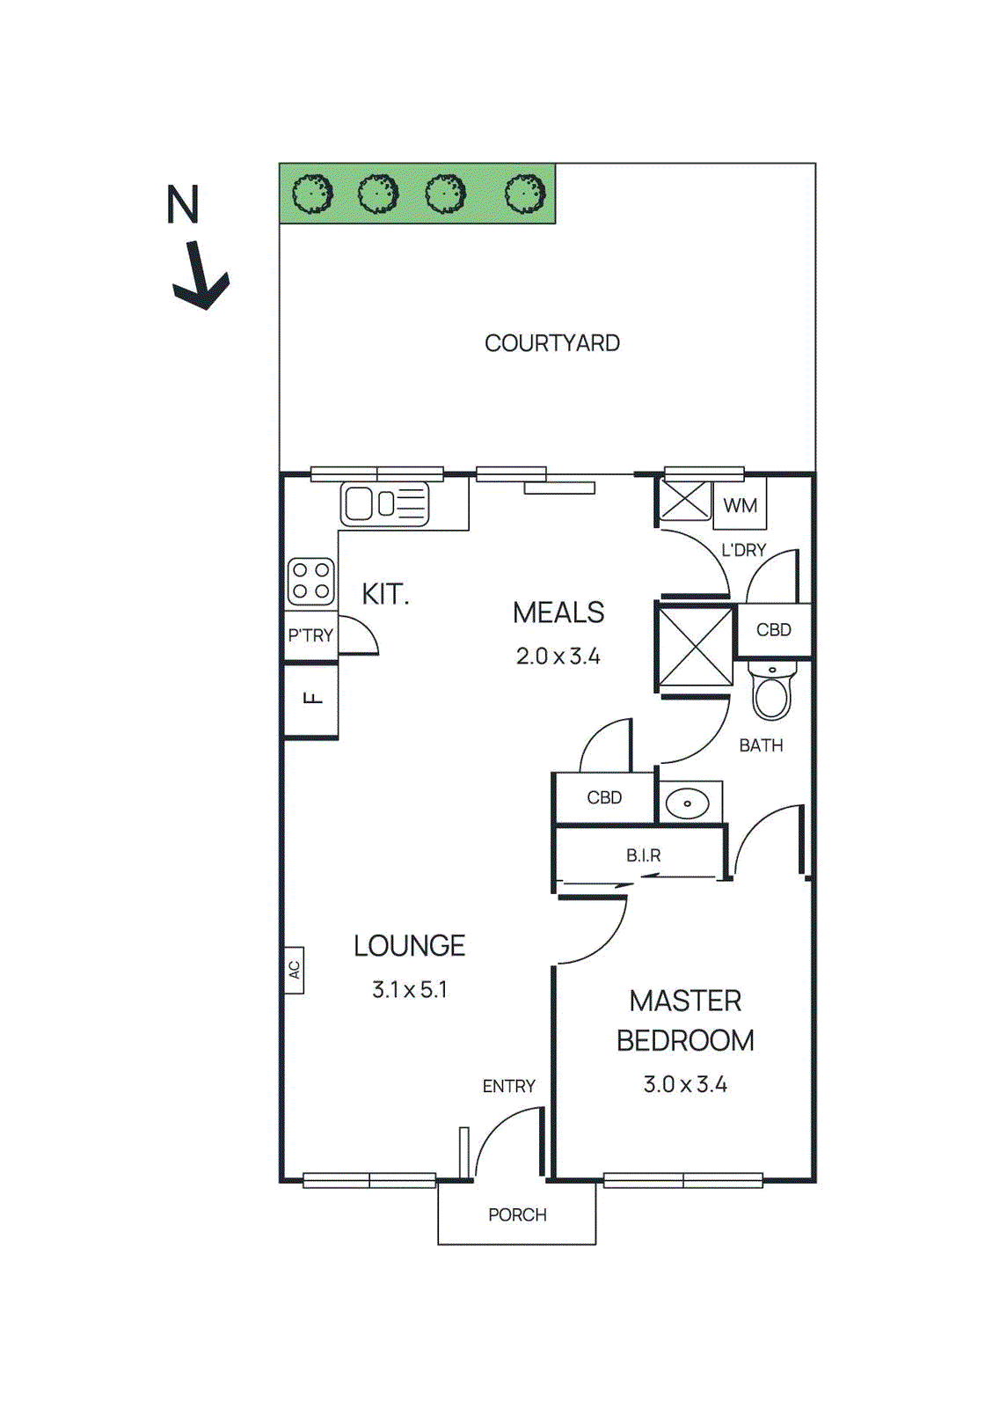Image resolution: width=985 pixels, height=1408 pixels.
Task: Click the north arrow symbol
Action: tap(201, 275)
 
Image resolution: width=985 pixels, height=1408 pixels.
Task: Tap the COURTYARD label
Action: tap(552, 343)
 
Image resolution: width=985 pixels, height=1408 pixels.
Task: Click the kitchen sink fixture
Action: tap(384, 504)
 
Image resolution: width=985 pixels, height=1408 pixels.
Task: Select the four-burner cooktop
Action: tap(311, 582)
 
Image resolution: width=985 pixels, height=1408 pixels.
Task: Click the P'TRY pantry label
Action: tap(310, 635)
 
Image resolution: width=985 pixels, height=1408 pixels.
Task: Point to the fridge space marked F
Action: tap(311, 700)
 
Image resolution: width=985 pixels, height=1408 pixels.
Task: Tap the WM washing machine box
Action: tap(740, 506)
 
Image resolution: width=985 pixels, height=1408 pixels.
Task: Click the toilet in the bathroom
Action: tap(773, 693)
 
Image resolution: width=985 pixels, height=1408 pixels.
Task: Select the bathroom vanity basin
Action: tap(688, 803)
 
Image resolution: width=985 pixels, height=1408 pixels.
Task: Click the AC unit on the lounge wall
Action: tap(295, 970)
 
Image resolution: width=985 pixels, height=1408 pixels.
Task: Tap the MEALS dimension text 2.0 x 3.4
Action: tap(558, 656)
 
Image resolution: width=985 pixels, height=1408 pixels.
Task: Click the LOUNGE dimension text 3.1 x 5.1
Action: tap(410, 990)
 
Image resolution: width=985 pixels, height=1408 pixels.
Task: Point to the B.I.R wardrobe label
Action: tap(643, 855)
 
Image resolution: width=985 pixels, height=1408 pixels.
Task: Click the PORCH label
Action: tap(517, 1215)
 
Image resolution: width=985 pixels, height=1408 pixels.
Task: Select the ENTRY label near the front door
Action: tap(508, 1087)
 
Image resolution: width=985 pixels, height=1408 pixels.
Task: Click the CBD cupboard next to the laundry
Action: tap(773, 630)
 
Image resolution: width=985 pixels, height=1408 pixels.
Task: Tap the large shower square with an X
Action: tap(695, 647)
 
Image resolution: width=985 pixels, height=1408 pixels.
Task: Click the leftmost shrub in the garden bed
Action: tap(311, 193)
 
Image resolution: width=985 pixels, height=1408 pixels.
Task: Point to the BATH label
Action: tap(761, 746)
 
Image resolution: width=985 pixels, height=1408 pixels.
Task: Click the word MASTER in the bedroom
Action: tap(685, 1001)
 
